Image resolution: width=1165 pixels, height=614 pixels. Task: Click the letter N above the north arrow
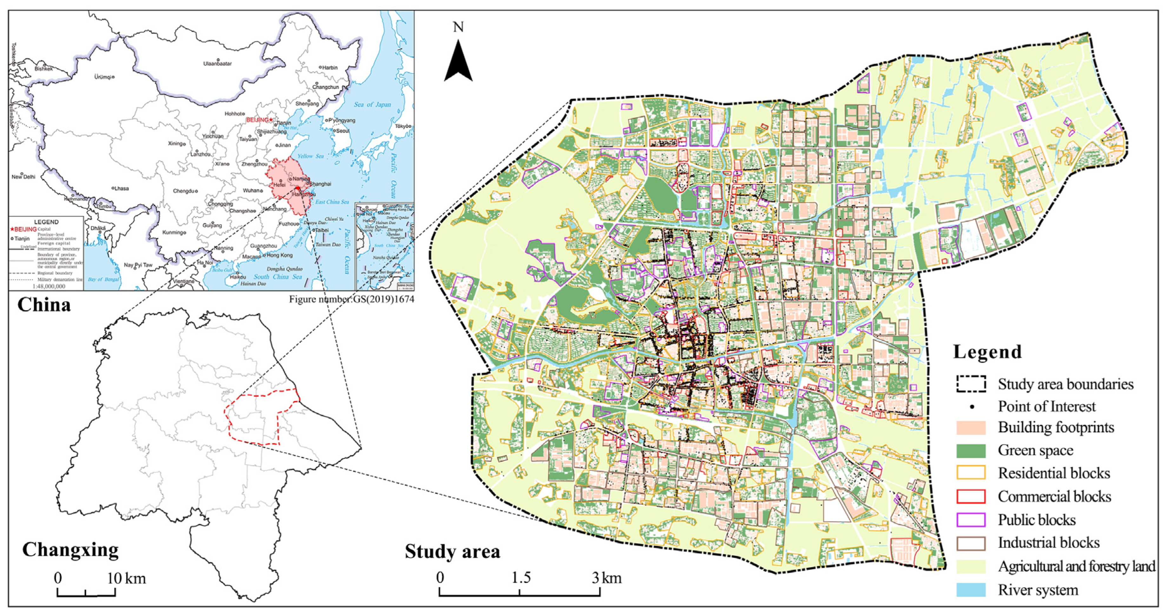pos(458,28)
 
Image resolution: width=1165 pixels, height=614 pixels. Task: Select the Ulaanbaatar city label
pos(217,64)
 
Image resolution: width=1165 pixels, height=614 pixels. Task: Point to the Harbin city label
pos(330,67)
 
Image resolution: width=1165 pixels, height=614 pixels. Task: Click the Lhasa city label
pos(121,188)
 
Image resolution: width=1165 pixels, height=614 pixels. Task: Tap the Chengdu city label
pos(183,191)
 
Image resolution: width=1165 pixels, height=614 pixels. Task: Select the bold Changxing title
pos(70,550)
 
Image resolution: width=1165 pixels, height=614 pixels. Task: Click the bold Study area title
pos(452,551)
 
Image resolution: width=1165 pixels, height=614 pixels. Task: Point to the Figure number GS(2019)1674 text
pos(351,299)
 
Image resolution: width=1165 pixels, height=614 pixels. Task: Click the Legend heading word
pos(987,351)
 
